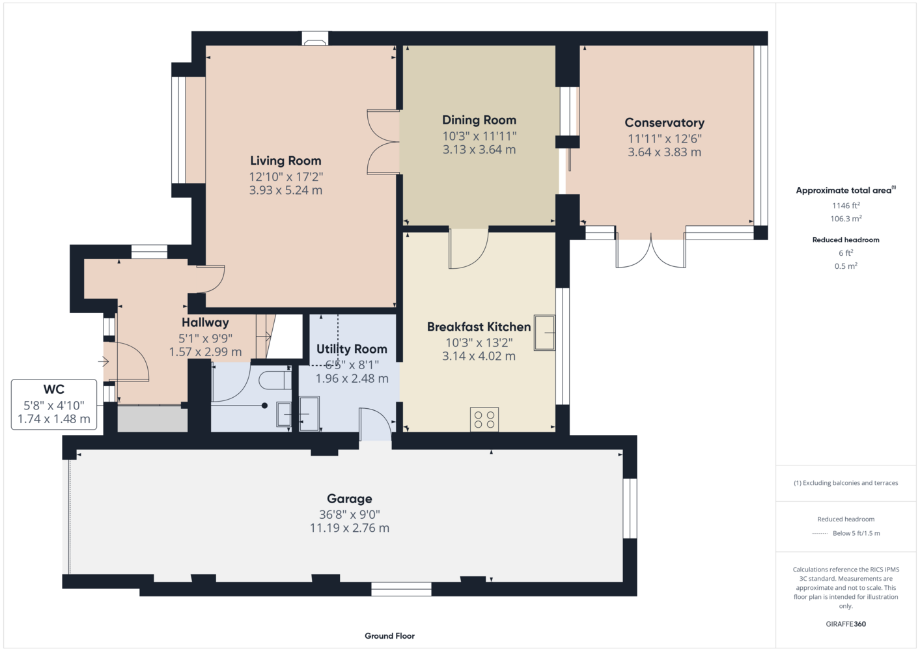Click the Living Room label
(x=286, y=161)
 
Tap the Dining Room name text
(x=479, y=120)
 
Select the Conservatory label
(x=665, y=123)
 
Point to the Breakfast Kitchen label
(x=479, y=327)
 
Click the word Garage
(x=350, y=499)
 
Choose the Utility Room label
(x=352, y=349)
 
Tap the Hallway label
(x=205, y=322)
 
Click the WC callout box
(x=54, y=404)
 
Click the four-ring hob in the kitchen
(x=484, y=420)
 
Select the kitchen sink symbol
(x=544, y=333)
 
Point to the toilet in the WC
(x=275, y=380)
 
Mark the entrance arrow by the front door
(x=103, y=362)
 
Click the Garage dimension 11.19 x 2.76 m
(x=350, y=528)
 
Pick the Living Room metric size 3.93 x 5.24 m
(x=286, y=190)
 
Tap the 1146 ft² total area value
(x=846, y=205)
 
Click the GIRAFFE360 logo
(x=846, y=624)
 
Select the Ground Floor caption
(x=390, y=636)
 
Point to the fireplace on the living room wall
(x=315, y=38)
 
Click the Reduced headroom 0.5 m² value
(x=846, y=266)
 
